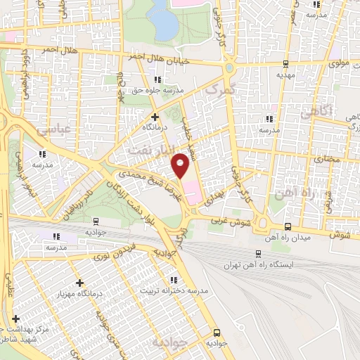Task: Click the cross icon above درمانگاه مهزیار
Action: point(80,283)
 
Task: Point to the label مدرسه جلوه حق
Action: point(159,91)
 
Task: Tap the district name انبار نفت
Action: point(148,150)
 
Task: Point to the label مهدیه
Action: point(283,73)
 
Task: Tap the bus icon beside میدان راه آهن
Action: point(288,227)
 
